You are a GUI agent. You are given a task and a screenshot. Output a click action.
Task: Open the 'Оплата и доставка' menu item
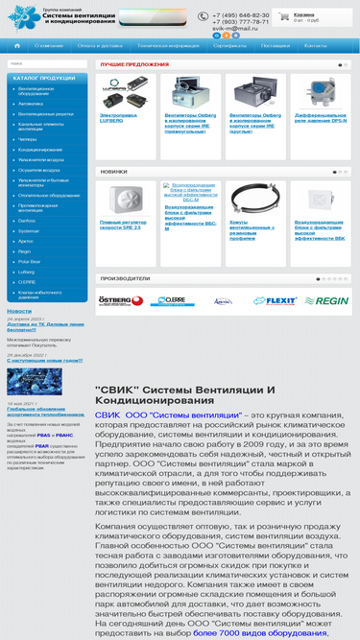pos(99,45)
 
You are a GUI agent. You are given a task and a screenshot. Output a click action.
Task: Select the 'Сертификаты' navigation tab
pos(229,45)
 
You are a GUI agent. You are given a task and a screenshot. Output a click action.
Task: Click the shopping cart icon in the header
pos(284,17)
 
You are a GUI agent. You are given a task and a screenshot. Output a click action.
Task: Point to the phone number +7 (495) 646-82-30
pos(240,15)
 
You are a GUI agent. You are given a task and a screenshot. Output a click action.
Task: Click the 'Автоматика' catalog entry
pos(31,103)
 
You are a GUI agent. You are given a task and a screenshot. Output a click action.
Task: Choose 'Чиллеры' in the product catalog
pos(28,139)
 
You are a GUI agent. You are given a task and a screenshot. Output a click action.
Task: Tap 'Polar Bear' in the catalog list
pos(30,261)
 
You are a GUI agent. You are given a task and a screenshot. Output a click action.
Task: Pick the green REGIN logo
pos(327,300)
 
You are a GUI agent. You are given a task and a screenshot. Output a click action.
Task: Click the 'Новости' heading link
pos(19,311)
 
